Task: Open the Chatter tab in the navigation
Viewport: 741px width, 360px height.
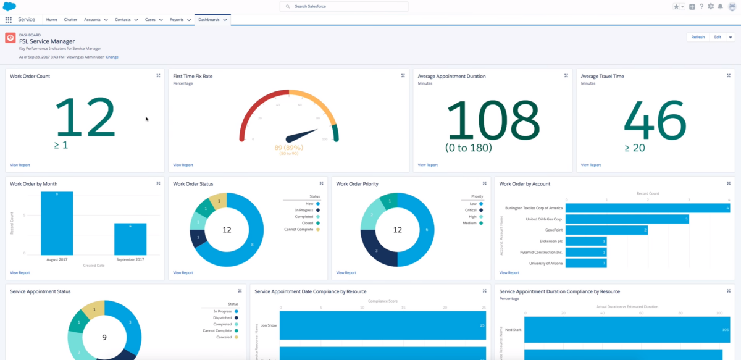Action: (70, 20)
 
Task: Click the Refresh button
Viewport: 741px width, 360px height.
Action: (698, 37)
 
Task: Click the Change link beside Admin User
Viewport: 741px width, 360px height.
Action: (112, 57)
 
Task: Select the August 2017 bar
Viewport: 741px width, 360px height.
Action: (57, 223)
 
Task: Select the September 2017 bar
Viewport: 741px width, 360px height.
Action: (130, 238)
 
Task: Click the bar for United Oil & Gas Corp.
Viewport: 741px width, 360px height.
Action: (627, 219)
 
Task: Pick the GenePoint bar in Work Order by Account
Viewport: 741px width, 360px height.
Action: (606, 230)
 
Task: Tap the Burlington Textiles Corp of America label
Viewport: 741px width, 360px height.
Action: (534, 208)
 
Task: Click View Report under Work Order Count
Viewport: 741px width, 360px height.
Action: (20, 165)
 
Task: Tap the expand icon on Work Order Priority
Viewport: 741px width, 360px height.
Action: (484, 183)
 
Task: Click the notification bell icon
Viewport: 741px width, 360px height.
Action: (720, 6)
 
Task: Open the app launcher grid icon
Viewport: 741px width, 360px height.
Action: (9, 20)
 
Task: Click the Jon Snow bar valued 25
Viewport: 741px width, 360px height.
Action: (383, 325)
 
